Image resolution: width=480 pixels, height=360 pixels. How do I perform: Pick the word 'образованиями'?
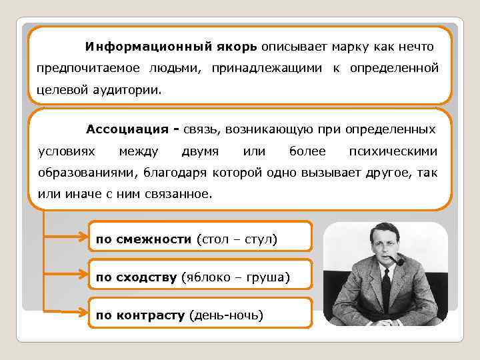(x=84, y=173)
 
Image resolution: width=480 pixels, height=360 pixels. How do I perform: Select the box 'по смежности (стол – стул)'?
(x=200, y=238)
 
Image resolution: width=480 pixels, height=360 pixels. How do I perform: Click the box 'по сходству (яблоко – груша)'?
(x=200, y=276)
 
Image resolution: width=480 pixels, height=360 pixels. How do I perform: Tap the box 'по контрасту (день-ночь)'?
(x=200, y=314)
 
